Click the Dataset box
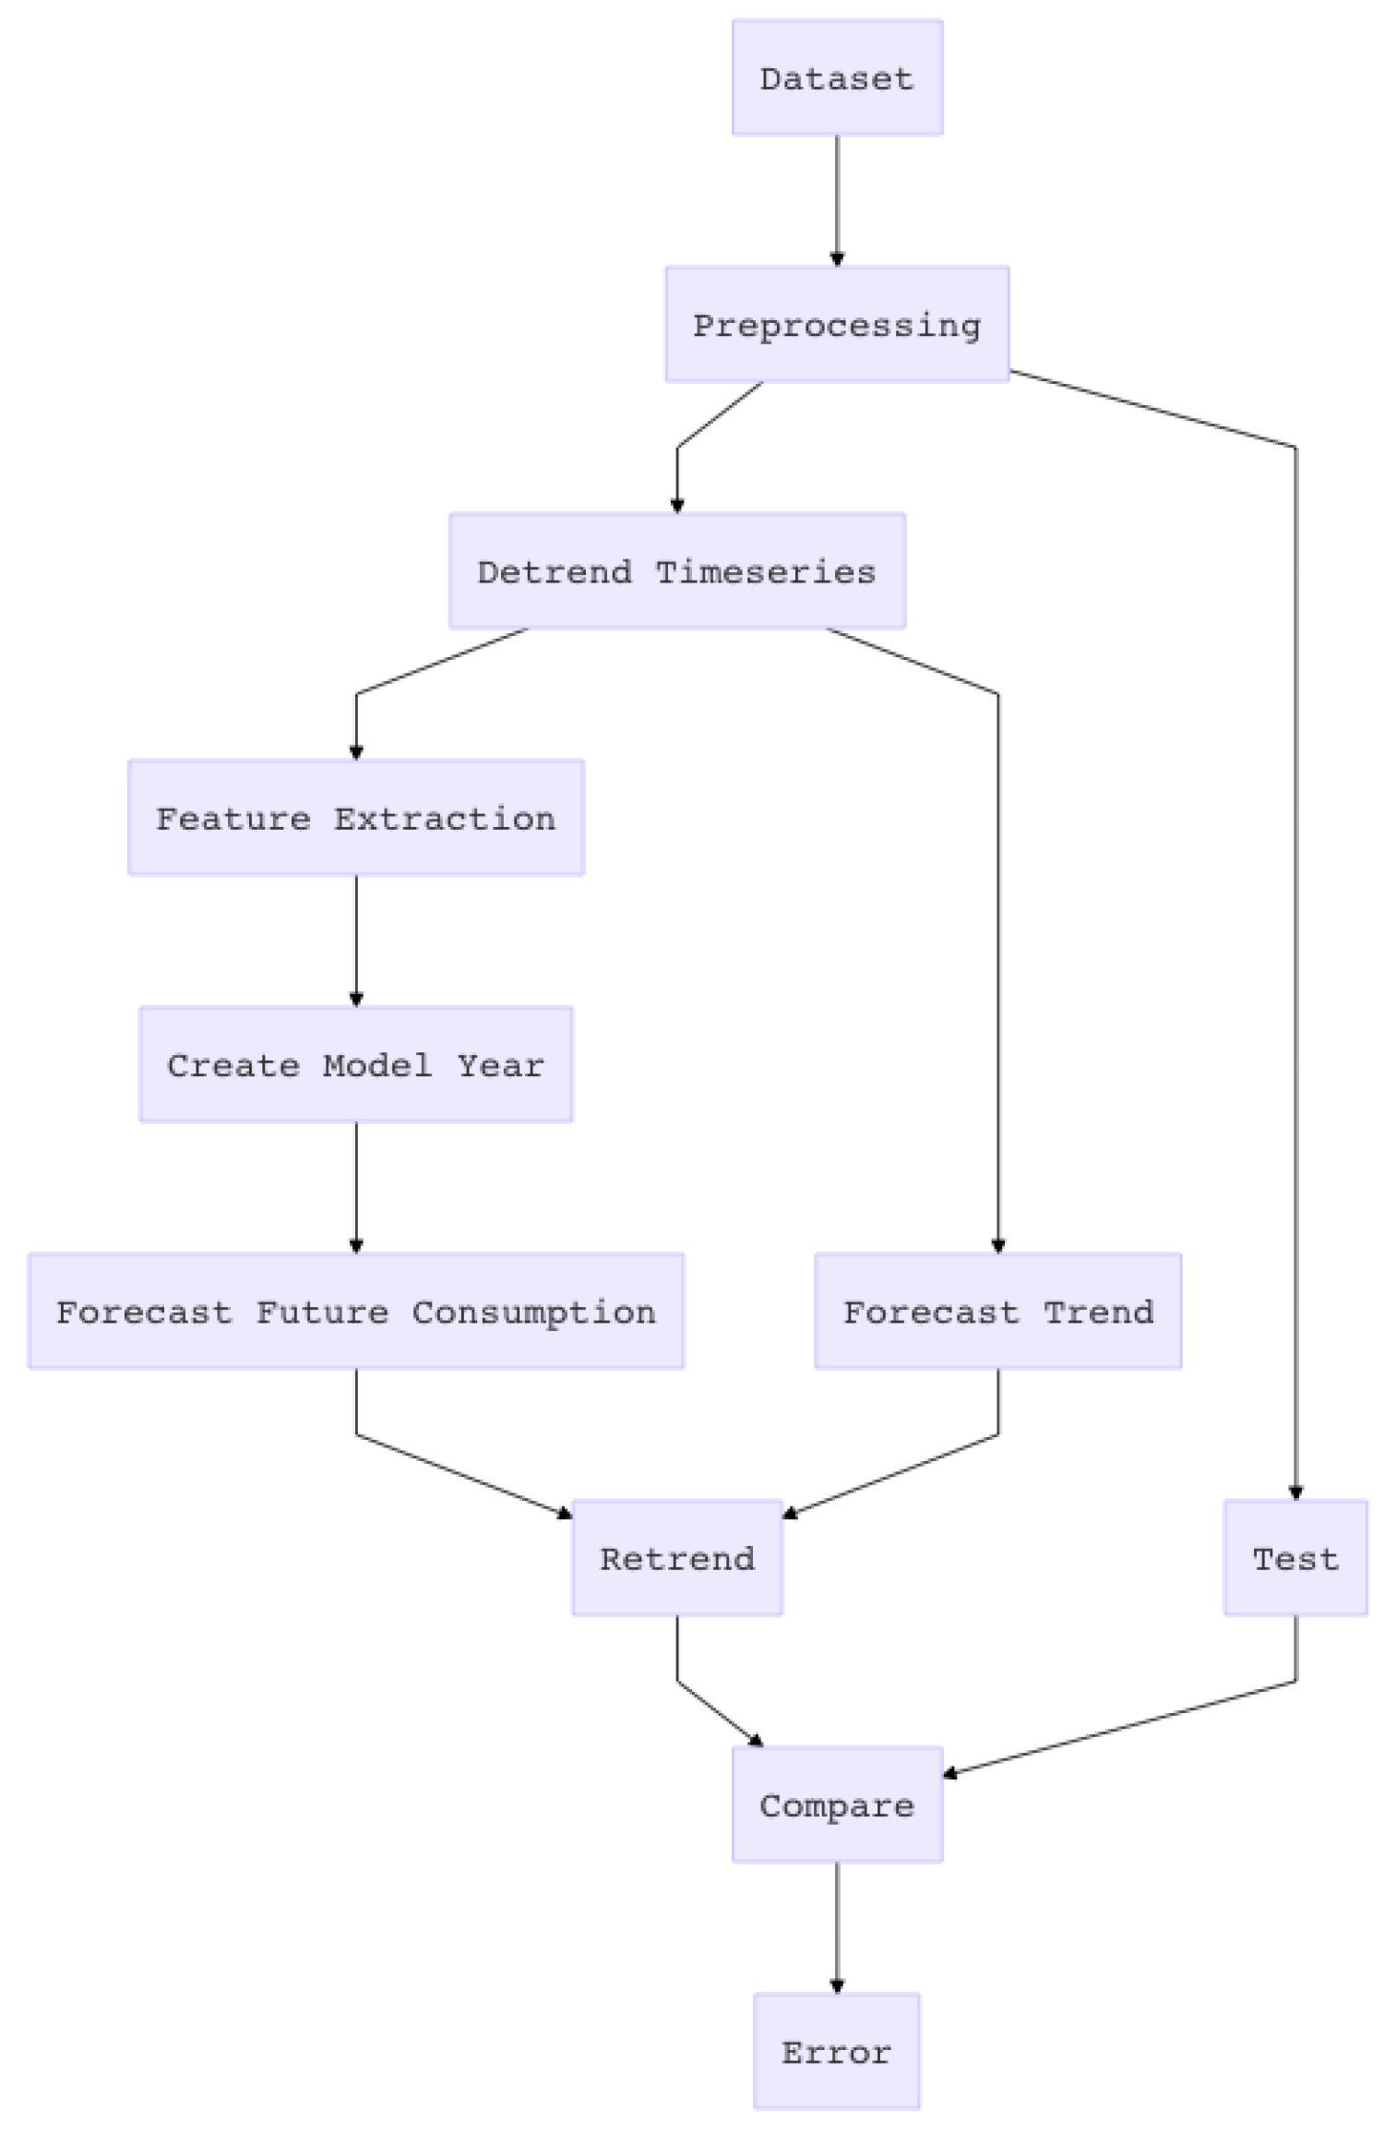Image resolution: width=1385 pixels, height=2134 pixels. click(837, 78)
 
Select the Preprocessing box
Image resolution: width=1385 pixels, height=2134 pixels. click(837, 325)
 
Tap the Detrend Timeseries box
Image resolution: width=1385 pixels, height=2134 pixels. click(676, 571)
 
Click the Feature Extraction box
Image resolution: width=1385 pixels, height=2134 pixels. click(355, 818)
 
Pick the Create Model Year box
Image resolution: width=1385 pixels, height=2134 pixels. click(355, 1064)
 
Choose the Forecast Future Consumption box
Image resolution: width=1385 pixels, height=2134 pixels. click(355, 1311)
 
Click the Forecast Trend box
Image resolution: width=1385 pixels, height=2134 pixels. click(997, 1311)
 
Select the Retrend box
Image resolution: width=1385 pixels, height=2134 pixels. click(676, 1558)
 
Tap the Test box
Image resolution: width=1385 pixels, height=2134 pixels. click(1295, 1558)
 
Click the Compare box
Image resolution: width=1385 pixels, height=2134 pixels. click(837, 1804)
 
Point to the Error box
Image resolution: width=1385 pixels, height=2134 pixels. click(837, 2051)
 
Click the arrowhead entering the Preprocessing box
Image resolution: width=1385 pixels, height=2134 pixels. click(837, 259)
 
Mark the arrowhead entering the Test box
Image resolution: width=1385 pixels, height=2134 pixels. click(1295, 1493)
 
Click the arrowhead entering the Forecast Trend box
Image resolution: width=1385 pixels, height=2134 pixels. click(997, 1246)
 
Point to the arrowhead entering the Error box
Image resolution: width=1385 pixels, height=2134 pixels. click(837, 1986)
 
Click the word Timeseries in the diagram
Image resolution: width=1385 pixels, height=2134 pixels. click(765, 572)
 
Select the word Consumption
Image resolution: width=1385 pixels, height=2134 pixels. click(533, 1312)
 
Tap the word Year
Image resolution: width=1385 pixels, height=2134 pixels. click(500, 1065)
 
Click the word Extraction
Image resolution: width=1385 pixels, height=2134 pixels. click(444, 819)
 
